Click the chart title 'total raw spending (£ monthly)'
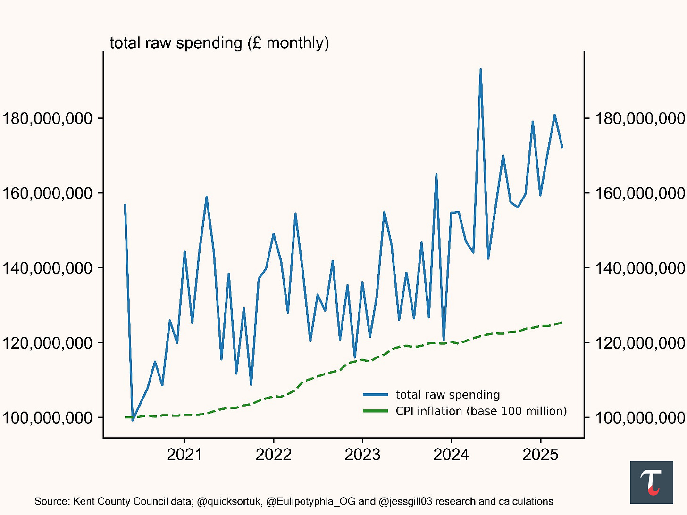219,43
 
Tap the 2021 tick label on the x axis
184,455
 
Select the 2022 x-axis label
274,455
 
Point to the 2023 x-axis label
362,455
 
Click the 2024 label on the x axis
451,455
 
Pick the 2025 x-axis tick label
540,455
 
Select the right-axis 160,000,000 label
640,193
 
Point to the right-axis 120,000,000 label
640,343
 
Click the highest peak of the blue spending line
480,70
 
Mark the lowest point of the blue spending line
133,420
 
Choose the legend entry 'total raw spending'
447,395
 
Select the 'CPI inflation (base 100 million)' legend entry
481,411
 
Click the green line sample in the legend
375,411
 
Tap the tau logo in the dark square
652,482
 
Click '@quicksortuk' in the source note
228,501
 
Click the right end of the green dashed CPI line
562,323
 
